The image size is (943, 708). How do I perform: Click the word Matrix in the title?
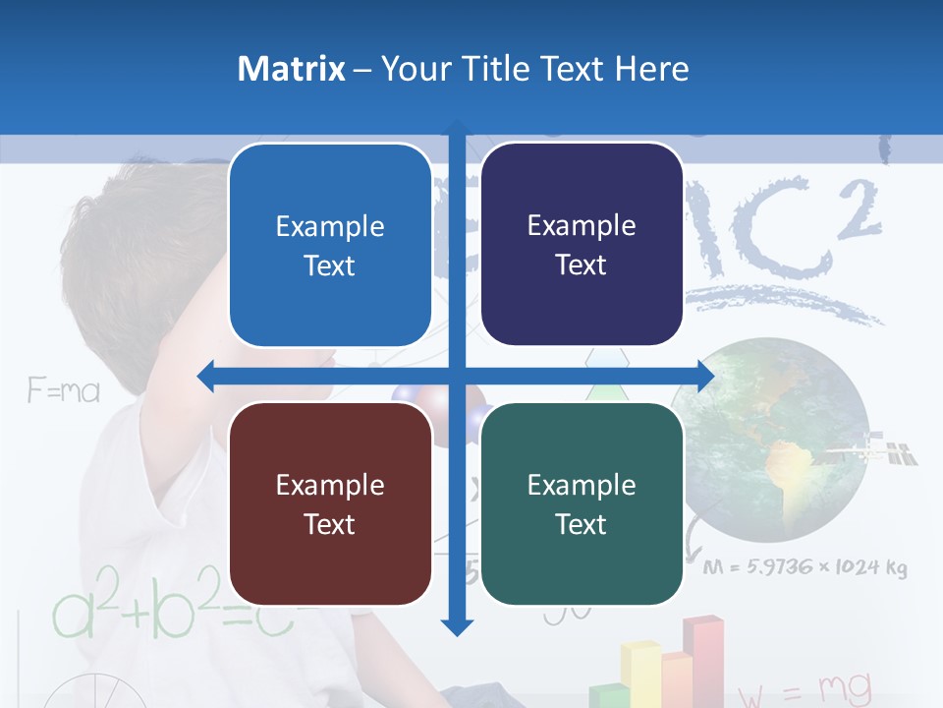point(291,69)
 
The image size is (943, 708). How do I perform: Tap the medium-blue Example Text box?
point(330,245)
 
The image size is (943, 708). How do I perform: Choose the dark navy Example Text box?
point(582,244)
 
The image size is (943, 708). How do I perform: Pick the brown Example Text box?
point(330,503)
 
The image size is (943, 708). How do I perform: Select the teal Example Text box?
point(582,503)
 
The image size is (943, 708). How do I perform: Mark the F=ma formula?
point(64,391)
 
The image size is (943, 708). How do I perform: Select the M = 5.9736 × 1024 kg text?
point(804,567)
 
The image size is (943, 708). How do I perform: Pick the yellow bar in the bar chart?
point(639,673)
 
